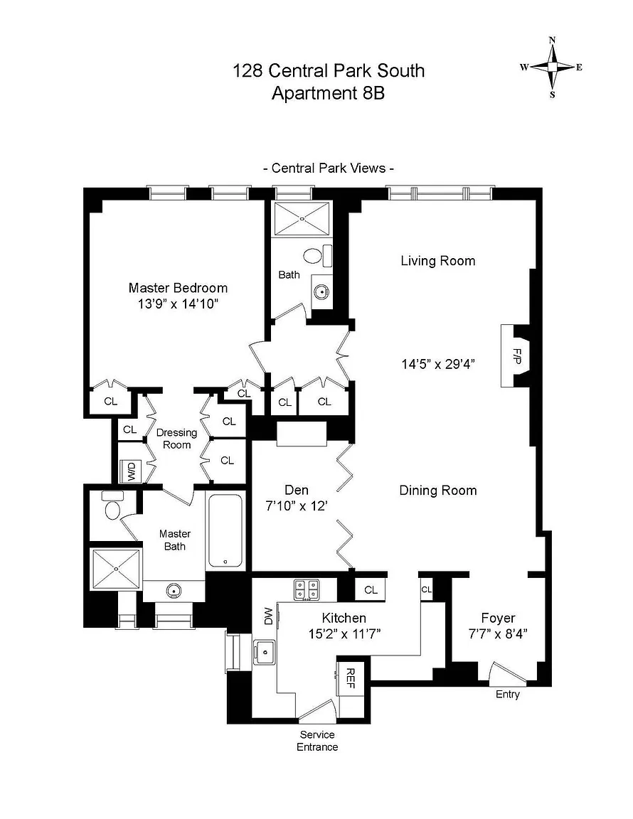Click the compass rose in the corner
coord(552,67)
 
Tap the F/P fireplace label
coord(517,355)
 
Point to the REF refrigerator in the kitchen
coord(351,679)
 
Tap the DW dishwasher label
coord(269,616)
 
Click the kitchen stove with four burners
coord(307,589)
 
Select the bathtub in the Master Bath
coord(226,530)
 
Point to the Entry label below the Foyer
coord(507,695)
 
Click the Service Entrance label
coord(318,741)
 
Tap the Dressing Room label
coord(176,439)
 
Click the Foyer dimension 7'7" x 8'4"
coord(498,636)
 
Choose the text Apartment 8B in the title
coord(328,93)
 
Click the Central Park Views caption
coord(329,168)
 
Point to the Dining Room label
coord(437,491)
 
